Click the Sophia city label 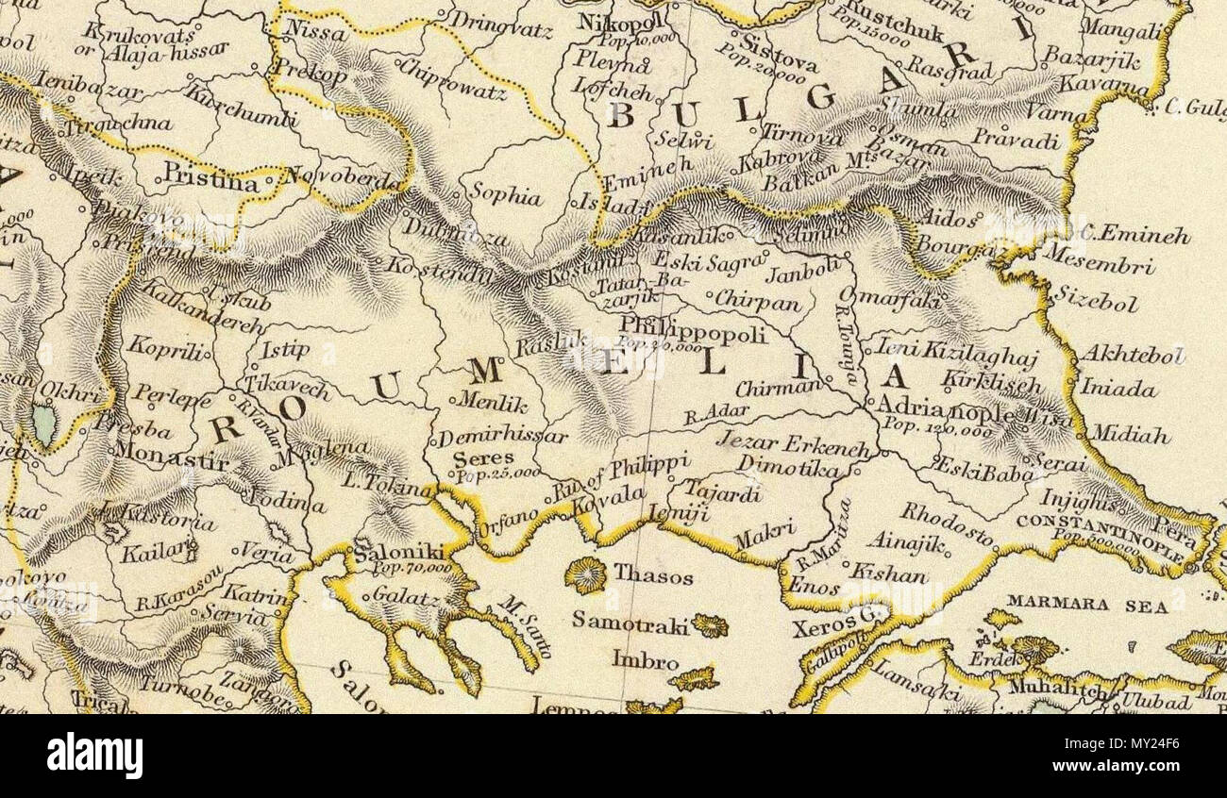coord(506,195)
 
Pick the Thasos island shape coord(586,574)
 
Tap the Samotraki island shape coord(709,625)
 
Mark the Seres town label coord(472,458)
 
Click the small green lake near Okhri coord(43,424)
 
